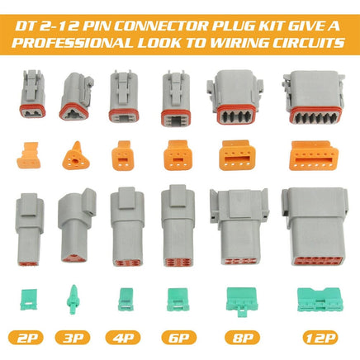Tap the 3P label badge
tap(73, 337)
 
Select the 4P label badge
tap(125, 337)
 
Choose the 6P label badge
tap(175, 337)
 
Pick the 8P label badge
tap(232, 337)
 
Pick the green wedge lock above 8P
tap(231, 296)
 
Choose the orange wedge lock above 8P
tap(232, 154)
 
